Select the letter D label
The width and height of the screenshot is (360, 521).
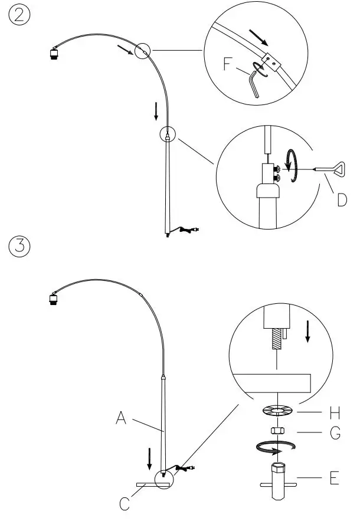342,200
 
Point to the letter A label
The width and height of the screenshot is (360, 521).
121,418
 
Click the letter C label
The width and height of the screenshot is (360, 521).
125,504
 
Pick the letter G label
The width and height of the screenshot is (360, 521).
335,435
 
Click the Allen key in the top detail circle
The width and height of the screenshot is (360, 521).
254,83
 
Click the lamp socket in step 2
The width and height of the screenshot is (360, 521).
53,54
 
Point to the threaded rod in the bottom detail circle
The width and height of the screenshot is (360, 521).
276,342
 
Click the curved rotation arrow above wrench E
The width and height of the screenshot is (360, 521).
275,449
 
